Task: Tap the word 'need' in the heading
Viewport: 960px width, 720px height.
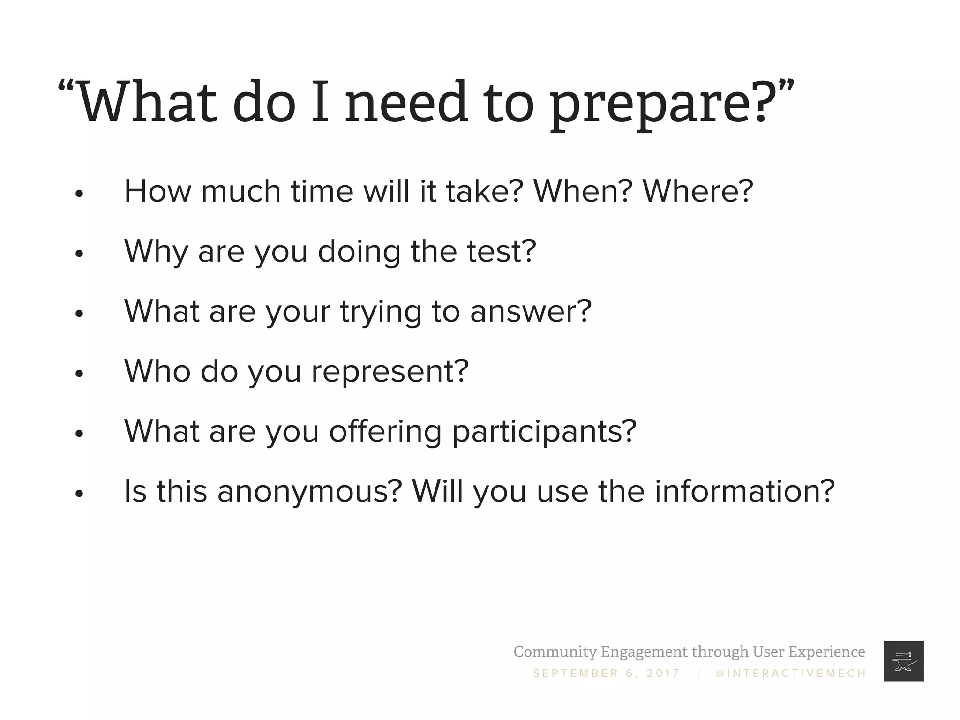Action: (x=406, y=102)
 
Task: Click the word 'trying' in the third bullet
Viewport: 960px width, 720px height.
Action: (x=381, y=313)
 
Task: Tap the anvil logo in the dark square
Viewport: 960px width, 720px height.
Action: (x=903, y=661)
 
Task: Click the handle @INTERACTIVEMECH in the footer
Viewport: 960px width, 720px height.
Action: (x=791, y=674)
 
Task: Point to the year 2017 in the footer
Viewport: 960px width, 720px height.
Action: (x=662, y=674)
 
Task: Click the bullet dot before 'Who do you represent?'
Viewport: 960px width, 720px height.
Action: (x=79, y=374)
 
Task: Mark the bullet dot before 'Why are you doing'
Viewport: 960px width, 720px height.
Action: (x=79, y=254)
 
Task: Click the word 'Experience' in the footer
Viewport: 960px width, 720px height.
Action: (x=826, y=652)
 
